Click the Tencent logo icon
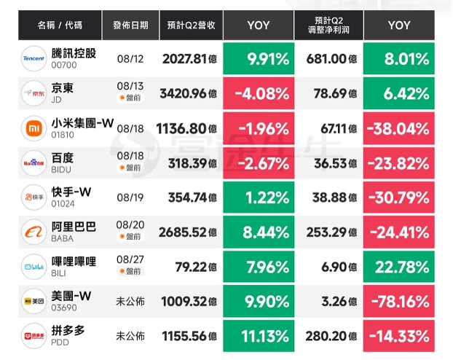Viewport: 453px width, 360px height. tap(34, 58)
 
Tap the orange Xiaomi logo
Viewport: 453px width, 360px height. tap(34, 128)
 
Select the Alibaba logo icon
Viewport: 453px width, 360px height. tap(34, 232)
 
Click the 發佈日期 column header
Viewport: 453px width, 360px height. tap(130, 26)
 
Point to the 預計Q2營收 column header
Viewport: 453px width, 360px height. tap(192, 26)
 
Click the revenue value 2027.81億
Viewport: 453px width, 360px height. tap(189, 59)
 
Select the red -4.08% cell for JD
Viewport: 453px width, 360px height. tap(259, 93)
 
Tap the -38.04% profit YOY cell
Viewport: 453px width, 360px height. tap(399, 128)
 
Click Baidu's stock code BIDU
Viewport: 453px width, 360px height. tap(61, 170)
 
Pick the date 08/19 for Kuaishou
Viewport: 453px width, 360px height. tap(130, 197)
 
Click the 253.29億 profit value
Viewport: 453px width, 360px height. tap(331, 232)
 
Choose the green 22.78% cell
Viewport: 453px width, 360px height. tap(399, 267)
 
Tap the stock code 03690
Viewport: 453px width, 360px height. tap(64, 308)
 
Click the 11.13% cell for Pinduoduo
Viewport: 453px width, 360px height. tap(259, 336)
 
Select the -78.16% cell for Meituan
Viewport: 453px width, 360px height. tap(399, 301)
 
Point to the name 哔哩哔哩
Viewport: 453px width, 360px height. tap(74, 262)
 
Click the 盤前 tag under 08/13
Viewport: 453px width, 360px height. tap(130, 98)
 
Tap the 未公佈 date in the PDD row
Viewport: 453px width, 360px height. tap(130, 336)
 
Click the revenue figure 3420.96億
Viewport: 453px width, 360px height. tap(189, 93)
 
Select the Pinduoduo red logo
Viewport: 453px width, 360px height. tap(34, 336)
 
